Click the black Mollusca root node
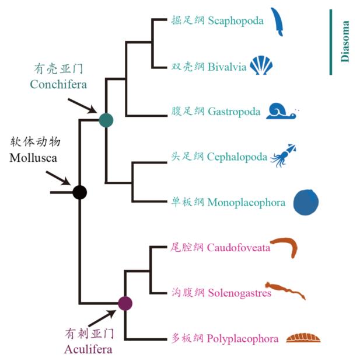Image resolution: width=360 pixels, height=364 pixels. coord(79,192)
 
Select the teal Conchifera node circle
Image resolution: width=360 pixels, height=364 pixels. coord(106,120)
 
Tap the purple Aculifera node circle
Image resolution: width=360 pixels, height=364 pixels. coord(125,303)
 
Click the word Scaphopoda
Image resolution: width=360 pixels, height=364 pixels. coord(236,21)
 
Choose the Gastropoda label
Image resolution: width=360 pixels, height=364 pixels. coord(234,112)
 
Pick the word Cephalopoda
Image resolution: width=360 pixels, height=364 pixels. coord(237,157)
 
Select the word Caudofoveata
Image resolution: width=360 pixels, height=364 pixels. coord(239,247)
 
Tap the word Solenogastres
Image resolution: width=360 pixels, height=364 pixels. coord(239,293)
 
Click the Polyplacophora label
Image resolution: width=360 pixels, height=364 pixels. coord(242,338)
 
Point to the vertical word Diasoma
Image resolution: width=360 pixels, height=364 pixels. coord(345,41)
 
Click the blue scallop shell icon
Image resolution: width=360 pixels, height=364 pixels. coord(261,65)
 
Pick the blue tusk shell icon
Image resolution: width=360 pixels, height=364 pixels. coord(277,22)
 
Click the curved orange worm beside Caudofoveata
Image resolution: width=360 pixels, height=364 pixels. coord(285,247)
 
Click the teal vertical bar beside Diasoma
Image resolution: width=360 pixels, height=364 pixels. coord(331,41)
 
